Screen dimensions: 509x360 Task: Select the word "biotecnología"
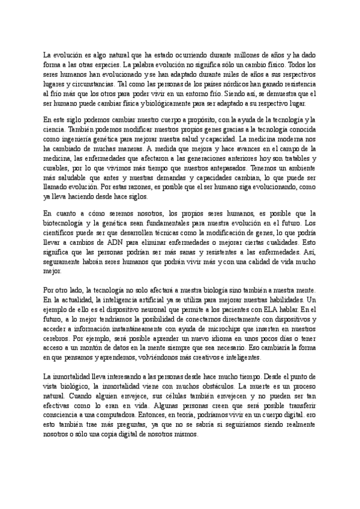(x=66, y=223)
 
